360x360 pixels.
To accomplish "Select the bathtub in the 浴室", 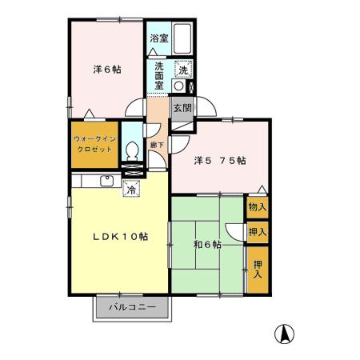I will (182, 38).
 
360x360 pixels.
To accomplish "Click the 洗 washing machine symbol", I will (183, 69).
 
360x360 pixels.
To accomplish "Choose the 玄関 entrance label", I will (182, 109).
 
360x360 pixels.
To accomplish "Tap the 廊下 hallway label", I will (158, 145).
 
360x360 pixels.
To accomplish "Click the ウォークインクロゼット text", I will (94, 142).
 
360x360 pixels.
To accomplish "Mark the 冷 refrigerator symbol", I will (131, 189).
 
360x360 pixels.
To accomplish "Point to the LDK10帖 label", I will (118, 236).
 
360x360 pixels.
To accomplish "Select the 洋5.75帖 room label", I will (220, 159).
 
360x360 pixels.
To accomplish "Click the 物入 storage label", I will (257, 207).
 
